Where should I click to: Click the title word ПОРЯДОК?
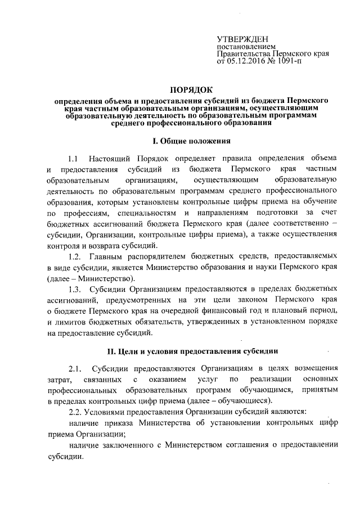192,89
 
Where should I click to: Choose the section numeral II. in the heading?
112,352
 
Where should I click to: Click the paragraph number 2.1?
75,369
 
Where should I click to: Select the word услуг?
208,380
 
